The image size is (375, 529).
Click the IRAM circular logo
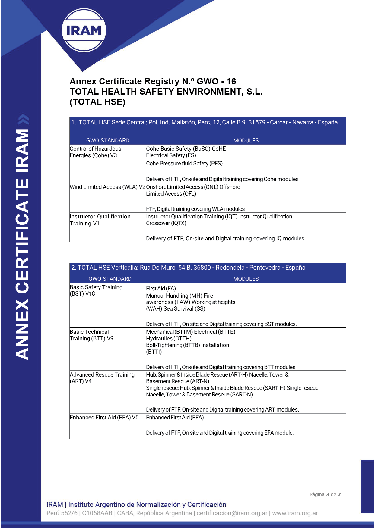84,30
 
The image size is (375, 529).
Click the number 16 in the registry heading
231,81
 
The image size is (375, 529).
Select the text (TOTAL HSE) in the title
97,102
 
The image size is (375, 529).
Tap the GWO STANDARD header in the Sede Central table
107,140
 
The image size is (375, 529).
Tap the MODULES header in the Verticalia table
246,279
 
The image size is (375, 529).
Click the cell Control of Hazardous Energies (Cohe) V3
95,152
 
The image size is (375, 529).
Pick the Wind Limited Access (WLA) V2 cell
107,187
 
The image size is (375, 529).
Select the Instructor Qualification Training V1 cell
100,220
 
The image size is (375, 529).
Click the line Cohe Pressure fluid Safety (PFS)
184,164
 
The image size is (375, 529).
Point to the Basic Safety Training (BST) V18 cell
96,290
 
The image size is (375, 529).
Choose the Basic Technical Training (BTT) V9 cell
91,335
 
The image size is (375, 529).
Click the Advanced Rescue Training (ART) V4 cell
102,378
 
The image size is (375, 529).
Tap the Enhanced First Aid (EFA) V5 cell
104,418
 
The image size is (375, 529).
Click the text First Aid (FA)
161,289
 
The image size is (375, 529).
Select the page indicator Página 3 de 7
325,494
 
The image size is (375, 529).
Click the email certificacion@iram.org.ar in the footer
232,513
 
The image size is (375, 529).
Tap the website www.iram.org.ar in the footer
295,513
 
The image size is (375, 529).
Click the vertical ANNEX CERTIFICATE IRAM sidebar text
22,244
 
